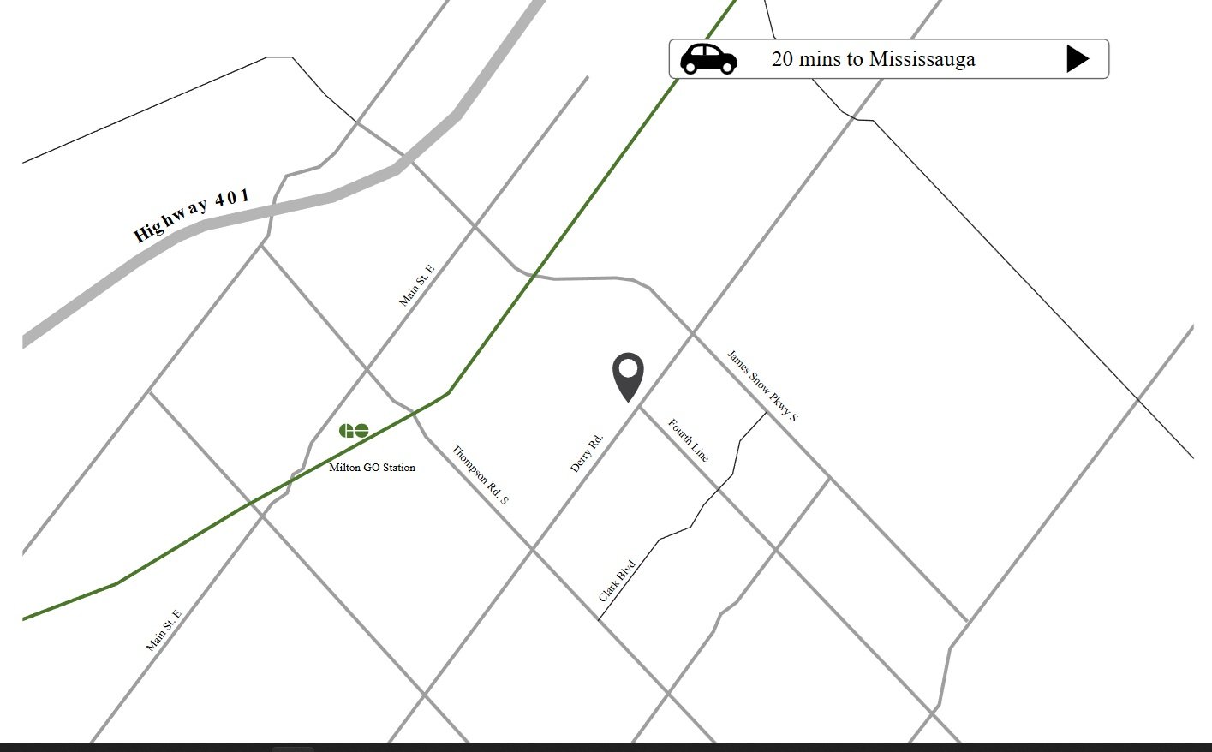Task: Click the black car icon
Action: click(708, 58)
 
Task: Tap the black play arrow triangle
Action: click(1077, 58)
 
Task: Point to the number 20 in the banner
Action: click(782, 59)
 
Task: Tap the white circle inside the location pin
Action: click(628, 369)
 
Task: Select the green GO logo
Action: click(354, 430)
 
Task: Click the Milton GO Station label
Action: click(372, 468)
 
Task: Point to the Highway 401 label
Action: click(192, 215)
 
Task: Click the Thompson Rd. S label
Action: click(480, 474)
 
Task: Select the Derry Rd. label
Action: click(587, 453)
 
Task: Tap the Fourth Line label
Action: click(688, 440)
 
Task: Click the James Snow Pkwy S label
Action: click(761, 385)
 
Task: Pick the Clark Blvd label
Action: click(617, 581)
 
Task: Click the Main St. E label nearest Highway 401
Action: click(417, 285)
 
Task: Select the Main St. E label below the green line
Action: click(164, 630)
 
